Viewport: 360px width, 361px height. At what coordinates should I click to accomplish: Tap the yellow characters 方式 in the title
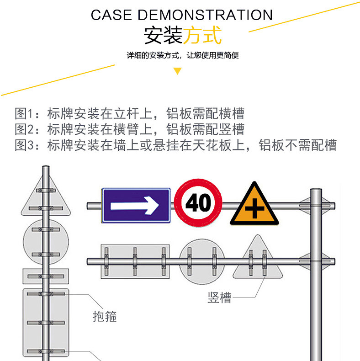202,35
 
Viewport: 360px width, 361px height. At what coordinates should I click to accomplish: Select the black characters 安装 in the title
163,35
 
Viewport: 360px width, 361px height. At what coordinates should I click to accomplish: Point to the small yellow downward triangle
178,71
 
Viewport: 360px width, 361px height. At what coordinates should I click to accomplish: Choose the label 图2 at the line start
25,129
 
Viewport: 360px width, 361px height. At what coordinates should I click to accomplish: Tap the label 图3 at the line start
25,145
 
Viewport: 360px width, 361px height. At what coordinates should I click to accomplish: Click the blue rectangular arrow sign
136,206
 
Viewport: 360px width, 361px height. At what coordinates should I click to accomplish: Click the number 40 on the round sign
198,203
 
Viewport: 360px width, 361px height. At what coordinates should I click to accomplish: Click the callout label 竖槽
219,298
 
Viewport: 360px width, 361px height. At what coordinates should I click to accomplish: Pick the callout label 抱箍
105,316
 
